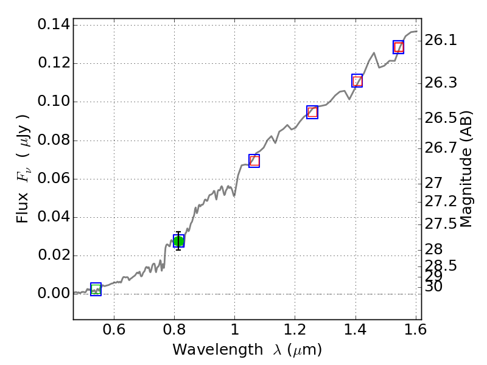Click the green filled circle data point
[x=178, y=241]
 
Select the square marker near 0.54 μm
[x=96, y=290]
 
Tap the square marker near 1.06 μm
[x=254, y=161]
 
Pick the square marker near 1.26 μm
[x=312, y=112]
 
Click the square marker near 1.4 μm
[x=357, y=81]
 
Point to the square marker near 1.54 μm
[x=398, y=47]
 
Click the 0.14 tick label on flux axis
[x=53, y=25]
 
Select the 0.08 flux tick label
[x=53, y=141]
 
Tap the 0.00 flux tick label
[x=53, y=294]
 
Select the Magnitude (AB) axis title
[x=466, y=169]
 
